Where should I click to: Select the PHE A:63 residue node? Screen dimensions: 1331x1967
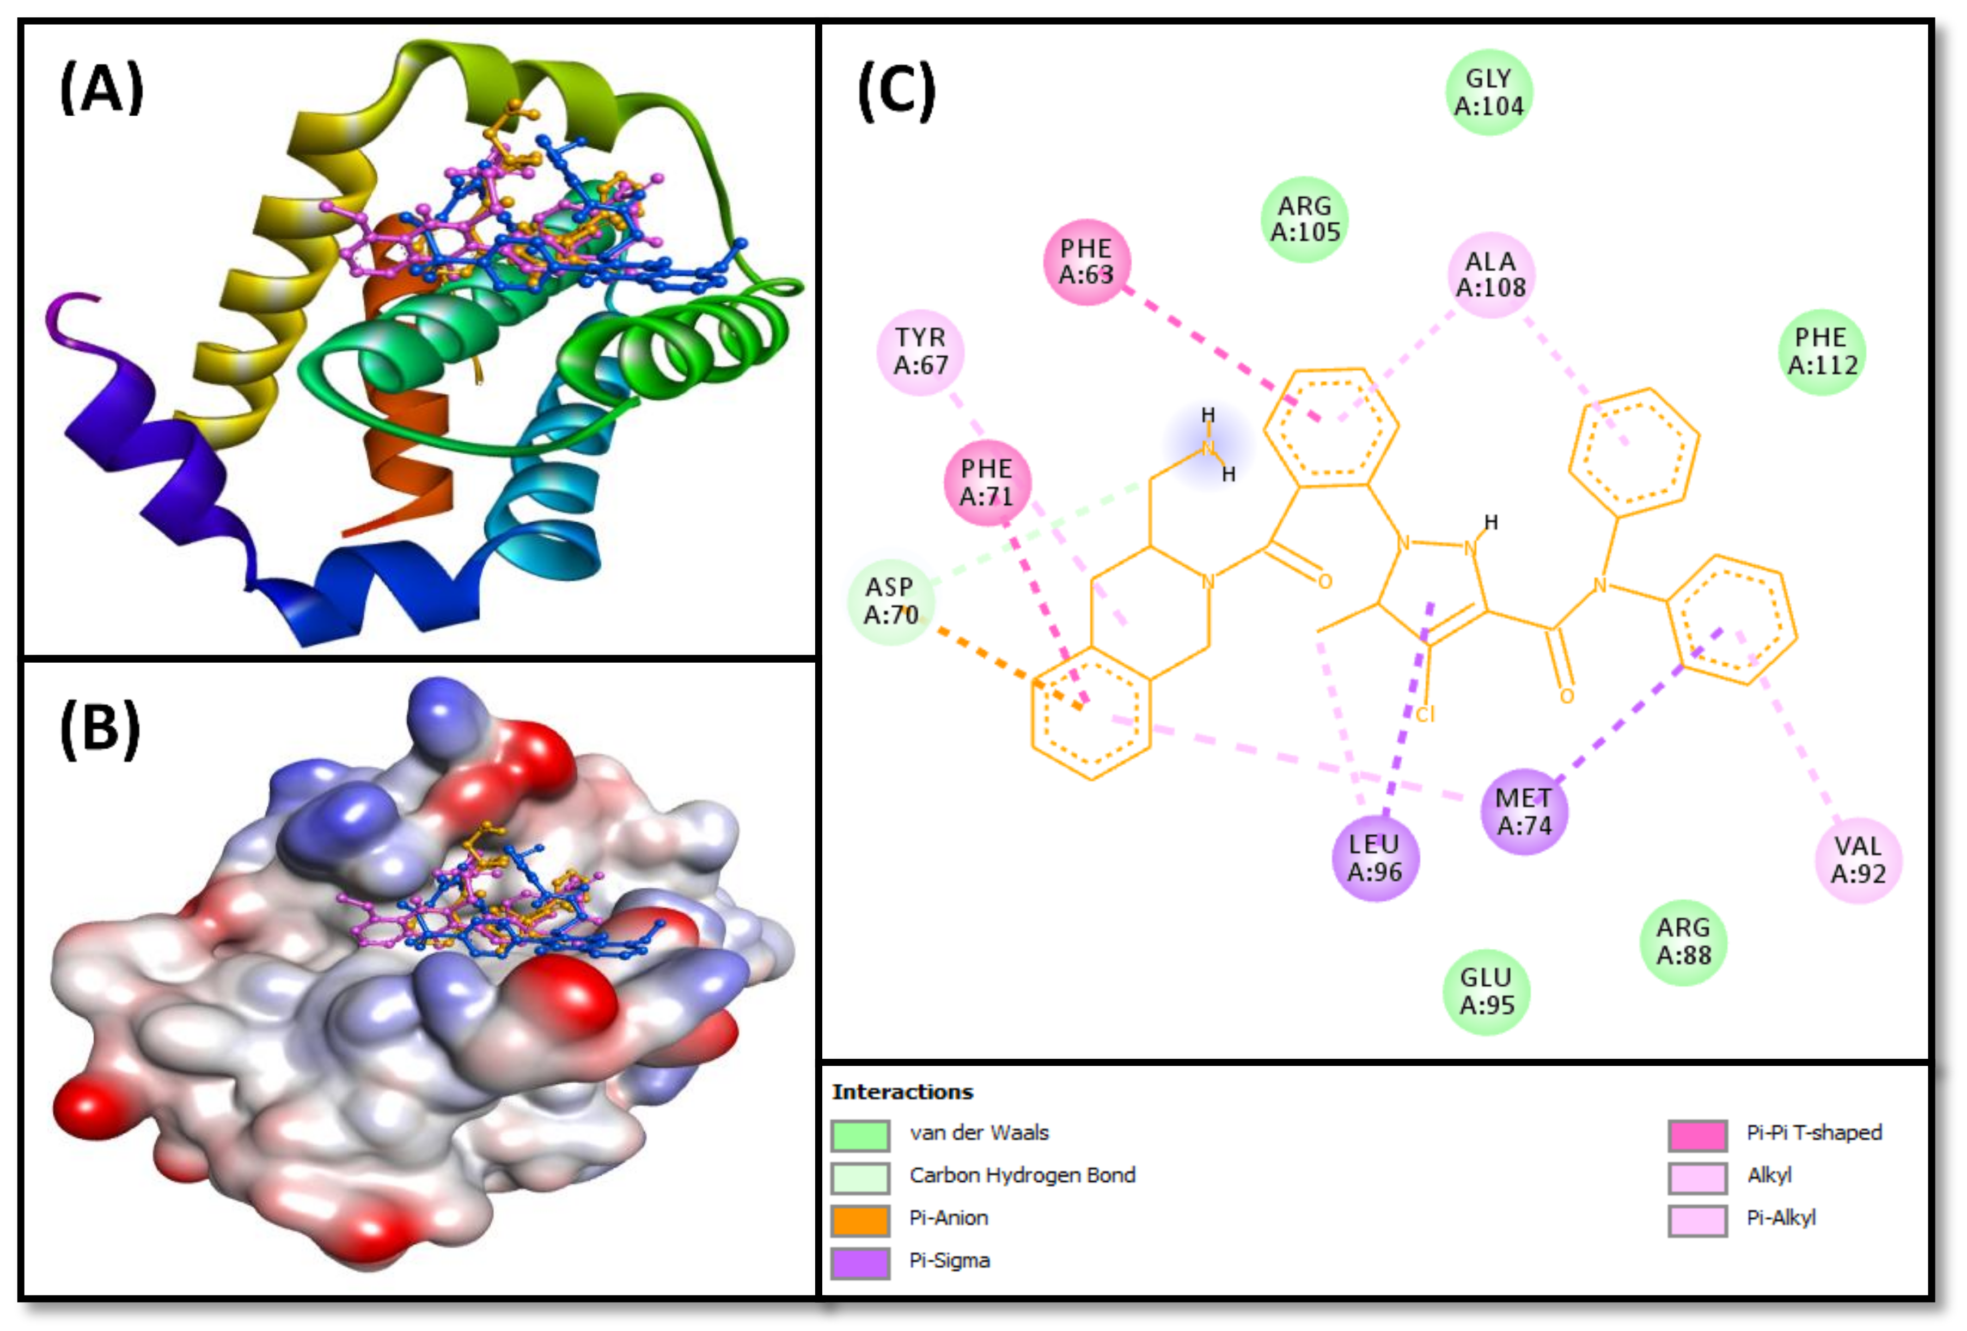(x=1087, y=261)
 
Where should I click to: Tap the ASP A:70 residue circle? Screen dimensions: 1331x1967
(x=890, y=601)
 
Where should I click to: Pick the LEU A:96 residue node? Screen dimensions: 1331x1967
(x=1375, y=858)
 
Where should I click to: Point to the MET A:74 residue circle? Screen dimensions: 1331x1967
(x=1524, y=811)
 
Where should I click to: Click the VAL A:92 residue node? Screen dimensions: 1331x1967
(x=1858, y=860)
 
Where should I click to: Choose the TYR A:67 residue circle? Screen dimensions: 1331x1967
(x=920, y=351)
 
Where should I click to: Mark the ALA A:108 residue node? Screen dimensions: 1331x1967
(x=1490, y=275)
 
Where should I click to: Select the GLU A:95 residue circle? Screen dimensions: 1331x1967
(x=1486, y=992)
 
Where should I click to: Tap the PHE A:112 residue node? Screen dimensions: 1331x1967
(x=1822, y=351)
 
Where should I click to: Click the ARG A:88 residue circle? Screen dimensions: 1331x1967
(x=1683, y=942)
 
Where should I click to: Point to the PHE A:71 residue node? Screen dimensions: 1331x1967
(x=987, y=483)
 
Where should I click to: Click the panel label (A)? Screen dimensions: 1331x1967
(x=102, y=88)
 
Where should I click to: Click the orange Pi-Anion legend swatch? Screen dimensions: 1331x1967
(x=860, y=1220)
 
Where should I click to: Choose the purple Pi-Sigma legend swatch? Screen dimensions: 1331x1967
(x=860, y=1262)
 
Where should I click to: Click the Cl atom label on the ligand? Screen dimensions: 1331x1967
(x=1425, y=715)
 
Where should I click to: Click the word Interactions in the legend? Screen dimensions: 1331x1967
(x=902, y=1092)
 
